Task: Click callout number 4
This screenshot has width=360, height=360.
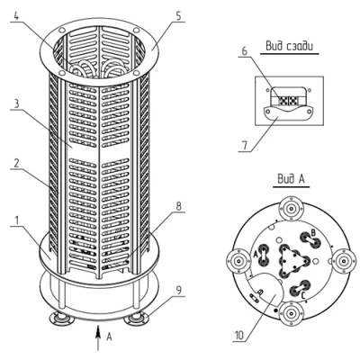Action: (x=16, y=16)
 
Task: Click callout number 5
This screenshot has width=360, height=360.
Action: (x=178, y=16)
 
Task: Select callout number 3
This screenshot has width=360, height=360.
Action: (x=16, y=103)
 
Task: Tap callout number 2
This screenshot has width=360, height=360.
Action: (x=16, y=163)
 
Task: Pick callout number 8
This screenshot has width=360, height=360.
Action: (x=178, y=206)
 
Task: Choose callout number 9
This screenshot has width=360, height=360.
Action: (x=178, y=291)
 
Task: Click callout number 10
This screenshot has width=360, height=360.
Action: (x=239, y=336)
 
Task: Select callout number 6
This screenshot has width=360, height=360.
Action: (x=245, y=51)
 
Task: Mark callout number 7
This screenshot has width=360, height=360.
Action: (x=245, y=145)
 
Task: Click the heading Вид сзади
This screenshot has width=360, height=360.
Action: (x=290, y=46)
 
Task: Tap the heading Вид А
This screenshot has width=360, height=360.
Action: (x=291, y=179)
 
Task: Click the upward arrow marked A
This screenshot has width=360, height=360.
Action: (x=98, y=337)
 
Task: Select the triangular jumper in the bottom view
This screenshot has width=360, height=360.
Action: (x=290, y=260)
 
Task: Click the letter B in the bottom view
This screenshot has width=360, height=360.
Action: (x=311, y=231)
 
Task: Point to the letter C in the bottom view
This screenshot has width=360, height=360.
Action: (x=303, y=296)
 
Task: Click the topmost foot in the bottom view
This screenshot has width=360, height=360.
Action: (x=291, y=208)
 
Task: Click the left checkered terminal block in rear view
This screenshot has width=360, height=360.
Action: (x=283, y=101)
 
